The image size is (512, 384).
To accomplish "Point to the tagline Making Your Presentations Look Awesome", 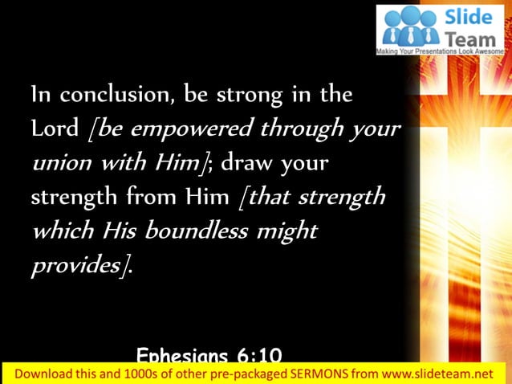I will click(442, 50).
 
